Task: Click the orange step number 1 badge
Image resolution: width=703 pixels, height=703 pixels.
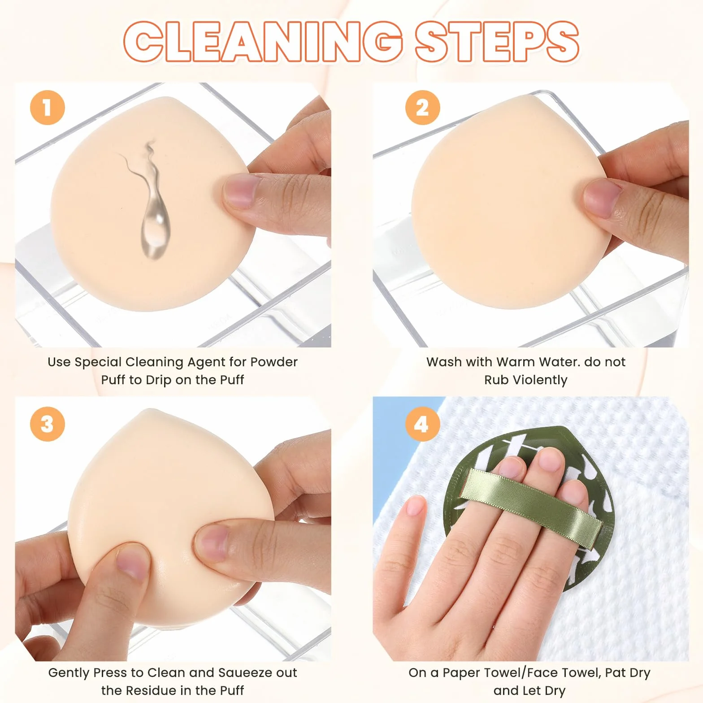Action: [48, 108]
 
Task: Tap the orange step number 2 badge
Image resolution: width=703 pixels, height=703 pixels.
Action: [422, 108]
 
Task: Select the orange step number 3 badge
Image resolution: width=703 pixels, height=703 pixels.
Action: [48, 424]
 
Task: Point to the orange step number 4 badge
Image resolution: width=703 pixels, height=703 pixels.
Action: [422, 424]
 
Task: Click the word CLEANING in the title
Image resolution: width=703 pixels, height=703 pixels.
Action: [263, 41]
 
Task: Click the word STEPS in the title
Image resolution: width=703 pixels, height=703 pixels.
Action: [497, 41]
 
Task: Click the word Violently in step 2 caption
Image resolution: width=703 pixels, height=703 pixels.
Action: [540, 380]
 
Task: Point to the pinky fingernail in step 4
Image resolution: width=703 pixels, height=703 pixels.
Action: [415, 506]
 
